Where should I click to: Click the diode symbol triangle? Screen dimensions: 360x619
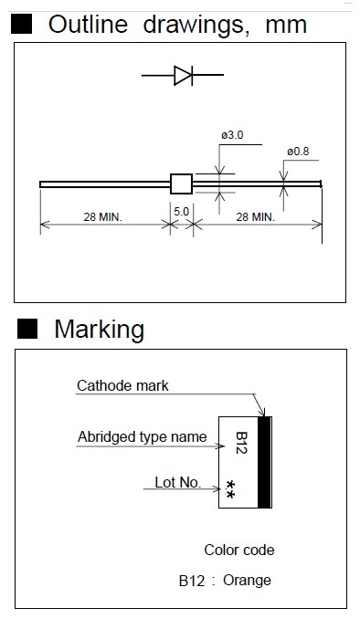point(182,75)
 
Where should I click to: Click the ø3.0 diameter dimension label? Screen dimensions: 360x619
point(232,135)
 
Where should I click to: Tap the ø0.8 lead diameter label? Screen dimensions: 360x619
point(298,152)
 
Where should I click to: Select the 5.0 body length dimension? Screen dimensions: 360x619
point(181,212)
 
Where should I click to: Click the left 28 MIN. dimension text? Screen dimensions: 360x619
point(102,216)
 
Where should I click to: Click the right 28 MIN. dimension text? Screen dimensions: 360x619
point(255,216)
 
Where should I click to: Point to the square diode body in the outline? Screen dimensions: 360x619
point(182,184)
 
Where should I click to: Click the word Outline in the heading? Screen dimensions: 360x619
point(88,25)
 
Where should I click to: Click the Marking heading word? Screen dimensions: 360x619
point(100,330)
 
